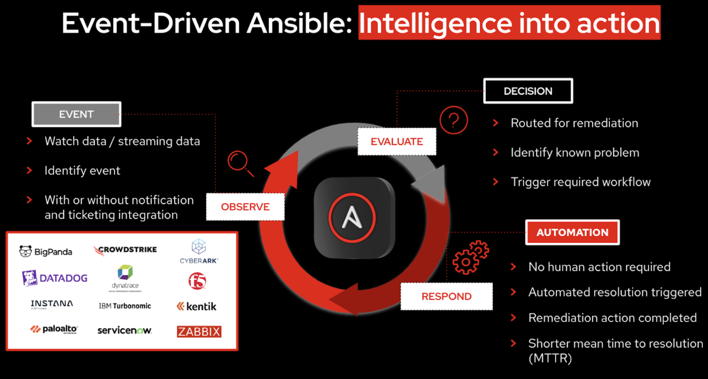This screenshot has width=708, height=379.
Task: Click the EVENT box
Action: pyautogui.click(x=76, y=114)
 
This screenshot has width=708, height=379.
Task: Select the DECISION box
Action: pyautogui.click(x=528, y=91)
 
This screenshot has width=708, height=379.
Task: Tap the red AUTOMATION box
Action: pyautogui.click(x=572, y=232)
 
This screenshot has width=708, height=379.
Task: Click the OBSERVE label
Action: pyautogui.click(x=245, y=207)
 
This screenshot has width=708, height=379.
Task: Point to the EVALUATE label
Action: pyautogui.click(x=397, y=142)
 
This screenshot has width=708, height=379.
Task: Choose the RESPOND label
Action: pyautogui.click(x=446, y=297)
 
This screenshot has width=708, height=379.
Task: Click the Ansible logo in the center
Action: pyautogui.click(x=352, y=218)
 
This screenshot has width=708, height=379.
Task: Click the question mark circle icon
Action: pyautogui.click(x=453, y=120)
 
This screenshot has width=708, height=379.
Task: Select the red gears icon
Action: pyautogui.click(x=470, y=257)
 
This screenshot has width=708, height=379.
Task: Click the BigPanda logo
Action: pyautogui.click(x=46, y=251)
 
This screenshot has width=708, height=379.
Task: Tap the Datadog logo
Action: pyautogui.click(x=55, y=278)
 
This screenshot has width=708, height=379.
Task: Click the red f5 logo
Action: pyautogui.click(x=197, y=281)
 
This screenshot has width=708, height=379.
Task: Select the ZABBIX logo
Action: pyautogui.click(x=199, y=331)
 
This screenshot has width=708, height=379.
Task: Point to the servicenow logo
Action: pyautogui.click(x=124, y=330)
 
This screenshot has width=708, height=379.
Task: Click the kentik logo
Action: pyautogui.click(x=197, y=306)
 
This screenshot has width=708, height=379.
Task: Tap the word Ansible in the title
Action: pyautogui.click(x=299, y=23)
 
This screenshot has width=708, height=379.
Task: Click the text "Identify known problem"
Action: pyautogui.click(x=575, y=153)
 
